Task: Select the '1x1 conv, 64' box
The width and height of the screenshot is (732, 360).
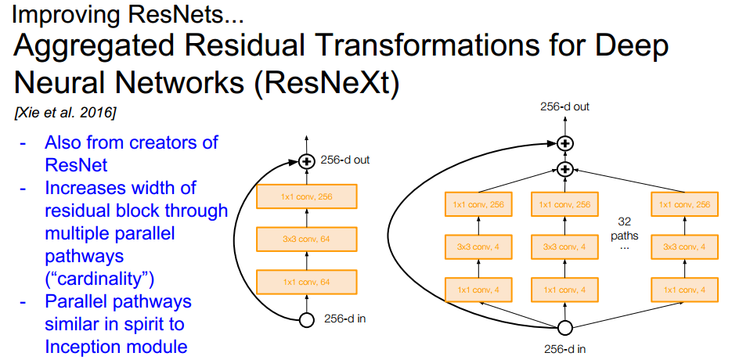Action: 306,280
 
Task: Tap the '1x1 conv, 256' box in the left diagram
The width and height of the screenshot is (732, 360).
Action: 306,196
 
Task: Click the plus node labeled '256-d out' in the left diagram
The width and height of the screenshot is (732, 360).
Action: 307,161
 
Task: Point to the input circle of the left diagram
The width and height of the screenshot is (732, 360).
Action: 307,319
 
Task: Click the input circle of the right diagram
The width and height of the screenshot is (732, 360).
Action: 565,328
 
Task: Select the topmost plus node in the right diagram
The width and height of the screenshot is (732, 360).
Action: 565,143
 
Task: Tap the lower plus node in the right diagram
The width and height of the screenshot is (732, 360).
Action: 565,168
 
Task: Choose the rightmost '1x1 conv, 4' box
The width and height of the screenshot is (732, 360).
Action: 685,290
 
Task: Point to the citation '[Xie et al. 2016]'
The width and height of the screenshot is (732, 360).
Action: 65,113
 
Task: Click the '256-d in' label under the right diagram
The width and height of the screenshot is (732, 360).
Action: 565,349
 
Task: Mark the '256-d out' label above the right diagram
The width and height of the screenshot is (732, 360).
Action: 564,106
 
